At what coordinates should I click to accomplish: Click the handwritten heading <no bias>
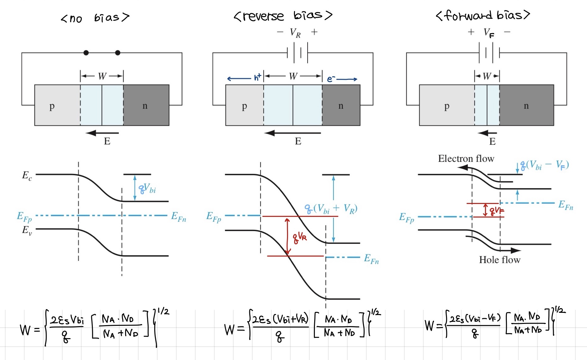[95, 18]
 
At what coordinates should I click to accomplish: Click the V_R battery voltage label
[295, 33]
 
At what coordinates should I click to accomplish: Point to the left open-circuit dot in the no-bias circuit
[86, 53]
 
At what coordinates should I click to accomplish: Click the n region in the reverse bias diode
[341, 106]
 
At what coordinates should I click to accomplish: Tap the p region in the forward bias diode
[447, 106]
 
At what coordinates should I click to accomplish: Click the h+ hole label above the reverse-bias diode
[258, 77]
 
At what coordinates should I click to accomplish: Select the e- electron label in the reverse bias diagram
[331, 79]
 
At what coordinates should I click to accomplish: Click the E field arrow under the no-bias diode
[102, 133]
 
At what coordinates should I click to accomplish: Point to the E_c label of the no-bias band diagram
[27, 176]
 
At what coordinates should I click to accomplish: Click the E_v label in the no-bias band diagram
[27, 230]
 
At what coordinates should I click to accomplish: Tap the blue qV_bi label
[147, 189]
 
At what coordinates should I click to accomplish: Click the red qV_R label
[300, 237]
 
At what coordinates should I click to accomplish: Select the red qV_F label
[496, 211]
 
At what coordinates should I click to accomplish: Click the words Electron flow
[466, 159]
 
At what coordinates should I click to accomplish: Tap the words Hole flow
[500, 260]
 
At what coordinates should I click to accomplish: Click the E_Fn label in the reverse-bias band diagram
[371, 259]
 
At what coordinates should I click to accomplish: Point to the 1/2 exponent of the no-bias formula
[163, 311]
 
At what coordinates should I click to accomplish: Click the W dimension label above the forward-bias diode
[487, 76]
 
